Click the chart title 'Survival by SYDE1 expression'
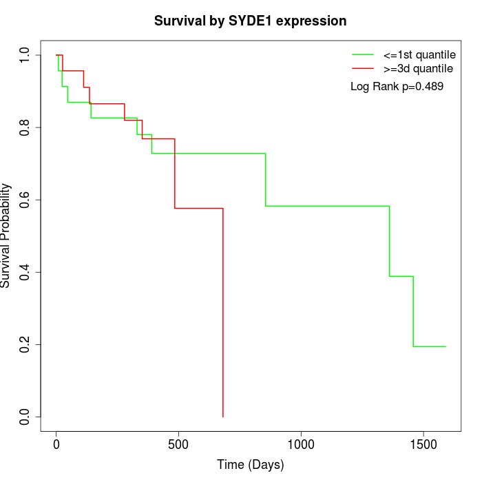(250, 21)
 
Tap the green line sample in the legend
(363, 54)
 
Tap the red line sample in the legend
(363, 69)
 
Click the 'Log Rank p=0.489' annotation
(397, 87)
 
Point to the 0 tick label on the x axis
(56, 445)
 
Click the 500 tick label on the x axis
(178, 445)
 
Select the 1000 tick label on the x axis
(301, 445)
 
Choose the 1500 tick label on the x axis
(423, 445)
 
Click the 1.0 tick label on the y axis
(25, 55)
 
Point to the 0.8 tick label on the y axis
(25, 127)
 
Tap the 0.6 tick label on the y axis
(25, 200)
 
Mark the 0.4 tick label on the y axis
(25, 272)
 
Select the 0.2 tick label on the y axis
(25, 344)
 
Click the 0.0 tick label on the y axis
(25, 417)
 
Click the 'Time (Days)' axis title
(250, 465)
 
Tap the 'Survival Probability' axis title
(7, 235)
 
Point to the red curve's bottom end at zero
(223, 416)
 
